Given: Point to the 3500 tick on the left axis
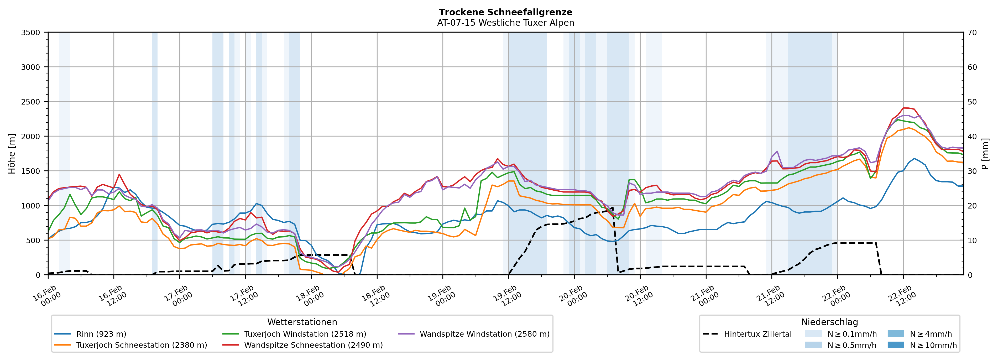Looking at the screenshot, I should [31, 33].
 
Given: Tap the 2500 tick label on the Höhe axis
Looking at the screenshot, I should [31, 102].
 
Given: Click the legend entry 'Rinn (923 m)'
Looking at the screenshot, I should [101, 334].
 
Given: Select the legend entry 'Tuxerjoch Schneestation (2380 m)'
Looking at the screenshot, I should [142, 345].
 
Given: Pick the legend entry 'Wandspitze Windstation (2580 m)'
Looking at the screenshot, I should [484, 334].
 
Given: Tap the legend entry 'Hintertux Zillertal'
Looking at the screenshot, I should [757, 334].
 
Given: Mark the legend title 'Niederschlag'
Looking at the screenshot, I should [829, 322].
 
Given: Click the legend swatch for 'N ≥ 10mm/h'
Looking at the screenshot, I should [895, 345].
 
